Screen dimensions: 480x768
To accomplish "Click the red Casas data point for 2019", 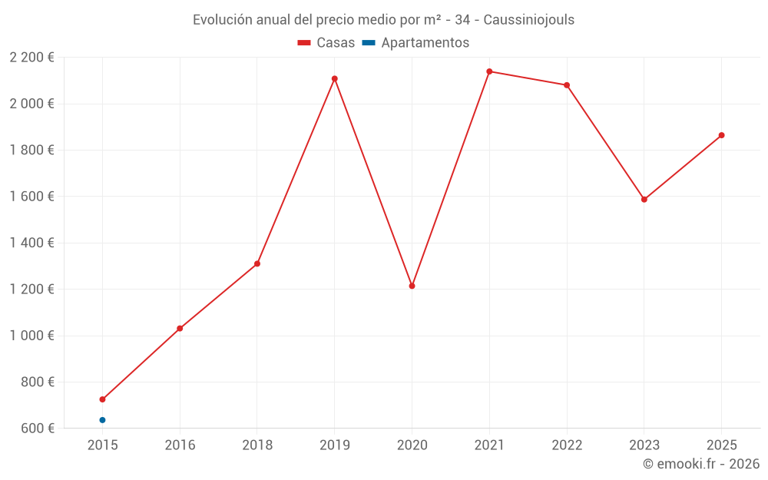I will coord(335,78).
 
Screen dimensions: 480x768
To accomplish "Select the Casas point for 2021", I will coord(489,71).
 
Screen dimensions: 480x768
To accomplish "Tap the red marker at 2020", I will coord(412,286).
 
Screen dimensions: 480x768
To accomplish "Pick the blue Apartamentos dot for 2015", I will coord(102,420).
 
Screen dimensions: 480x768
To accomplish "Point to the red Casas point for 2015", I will coord(102,399).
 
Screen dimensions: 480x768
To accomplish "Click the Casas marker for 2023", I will coord(644,200).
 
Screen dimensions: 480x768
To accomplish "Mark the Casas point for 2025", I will coord(721,135).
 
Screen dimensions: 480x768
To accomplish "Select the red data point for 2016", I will coord(180,329).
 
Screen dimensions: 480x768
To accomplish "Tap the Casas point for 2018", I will coord(257,263).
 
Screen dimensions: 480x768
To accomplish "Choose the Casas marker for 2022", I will coord(567,85).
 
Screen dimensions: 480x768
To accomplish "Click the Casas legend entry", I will coord(326,43).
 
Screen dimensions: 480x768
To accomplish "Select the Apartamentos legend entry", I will coord(415,43).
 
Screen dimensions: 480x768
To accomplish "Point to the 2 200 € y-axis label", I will coord(32,58).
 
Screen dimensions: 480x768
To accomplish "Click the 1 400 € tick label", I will coord(32,243).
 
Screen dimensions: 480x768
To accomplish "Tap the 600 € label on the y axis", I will coord(38,428).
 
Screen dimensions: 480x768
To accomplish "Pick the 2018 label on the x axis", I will coord(257,445).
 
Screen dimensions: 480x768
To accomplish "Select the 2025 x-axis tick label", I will coord(721,445).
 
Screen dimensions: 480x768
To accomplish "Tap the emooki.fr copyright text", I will coord(701,464).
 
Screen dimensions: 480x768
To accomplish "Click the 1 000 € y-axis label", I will coord(32,336).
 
